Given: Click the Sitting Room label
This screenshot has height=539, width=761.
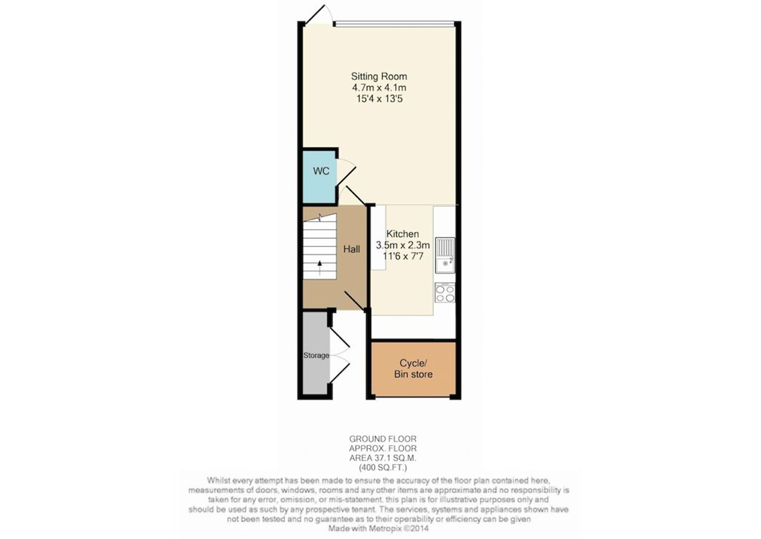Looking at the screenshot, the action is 379,76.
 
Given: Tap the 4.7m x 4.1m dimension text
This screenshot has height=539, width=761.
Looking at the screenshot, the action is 379,87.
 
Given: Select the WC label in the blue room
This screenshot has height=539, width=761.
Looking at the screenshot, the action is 321,171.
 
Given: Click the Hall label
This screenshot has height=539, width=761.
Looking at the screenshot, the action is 352,249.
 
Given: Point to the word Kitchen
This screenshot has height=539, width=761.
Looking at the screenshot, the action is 403,234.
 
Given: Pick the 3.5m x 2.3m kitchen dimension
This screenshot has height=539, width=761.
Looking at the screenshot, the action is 403,245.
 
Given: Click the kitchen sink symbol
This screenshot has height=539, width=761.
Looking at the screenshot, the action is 445,256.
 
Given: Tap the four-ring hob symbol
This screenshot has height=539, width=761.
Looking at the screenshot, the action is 445,293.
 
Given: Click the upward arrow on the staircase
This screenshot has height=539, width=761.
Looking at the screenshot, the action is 320,267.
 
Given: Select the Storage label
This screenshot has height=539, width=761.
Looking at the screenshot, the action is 316,355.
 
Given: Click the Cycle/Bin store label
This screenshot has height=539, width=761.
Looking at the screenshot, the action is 413,369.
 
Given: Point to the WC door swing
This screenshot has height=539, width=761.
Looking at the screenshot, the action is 346,172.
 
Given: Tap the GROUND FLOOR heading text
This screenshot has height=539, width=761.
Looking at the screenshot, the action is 383,439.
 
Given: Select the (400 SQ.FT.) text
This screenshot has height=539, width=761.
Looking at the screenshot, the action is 383,467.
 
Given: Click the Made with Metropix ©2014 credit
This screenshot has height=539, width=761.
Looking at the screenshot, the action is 379,528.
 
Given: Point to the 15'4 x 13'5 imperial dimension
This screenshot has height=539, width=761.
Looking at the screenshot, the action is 379,99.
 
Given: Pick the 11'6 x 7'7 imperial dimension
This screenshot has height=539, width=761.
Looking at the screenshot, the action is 403,256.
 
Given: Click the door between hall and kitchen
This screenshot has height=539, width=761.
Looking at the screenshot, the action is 355,301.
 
